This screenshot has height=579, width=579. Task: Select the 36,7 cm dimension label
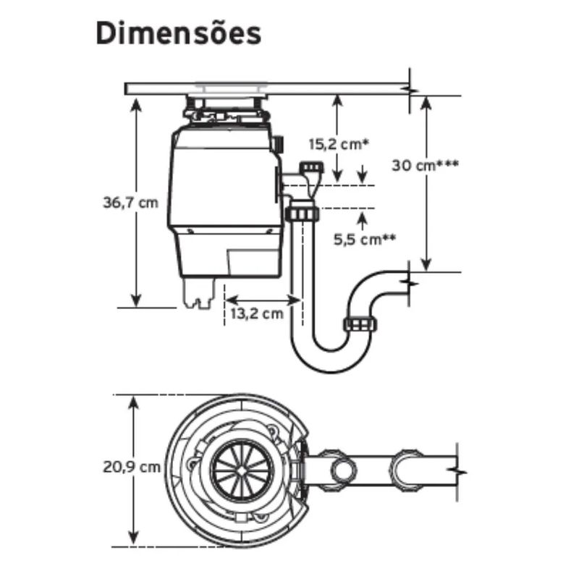coord(130,203)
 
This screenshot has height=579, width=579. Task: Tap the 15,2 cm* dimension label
coord(339,144)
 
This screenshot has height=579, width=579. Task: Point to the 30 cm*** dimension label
coord(426,165)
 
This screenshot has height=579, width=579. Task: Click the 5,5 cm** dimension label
coord(365,240)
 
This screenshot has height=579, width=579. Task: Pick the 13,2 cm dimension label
coord(257,314)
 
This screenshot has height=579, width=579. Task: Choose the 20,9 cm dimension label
coord(132,467)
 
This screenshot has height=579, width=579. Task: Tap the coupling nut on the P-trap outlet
coord(360,324)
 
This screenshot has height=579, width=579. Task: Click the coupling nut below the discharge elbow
coord(302,214)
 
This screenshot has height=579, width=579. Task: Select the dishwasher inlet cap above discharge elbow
coord(312,167)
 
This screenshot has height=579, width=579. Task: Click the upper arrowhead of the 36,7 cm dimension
coord(136,105)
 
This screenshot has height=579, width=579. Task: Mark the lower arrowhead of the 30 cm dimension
coord(426,264)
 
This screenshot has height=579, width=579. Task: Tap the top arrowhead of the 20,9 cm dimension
coord(133,402)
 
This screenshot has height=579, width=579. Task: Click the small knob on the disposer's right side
coord(279,143)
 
